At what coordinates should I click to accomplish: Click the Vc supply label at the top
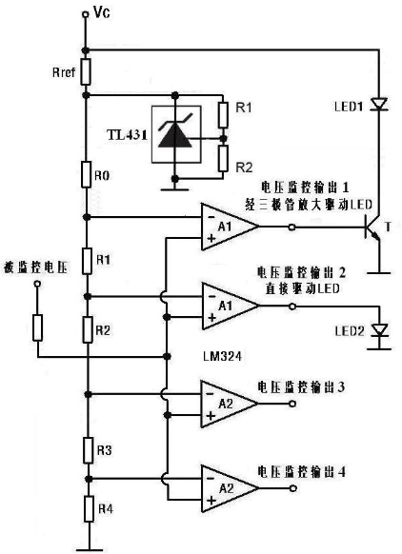102,12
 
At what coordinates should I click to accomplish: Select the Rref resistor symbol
86,71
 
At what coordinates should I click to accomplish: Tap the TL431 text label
127,135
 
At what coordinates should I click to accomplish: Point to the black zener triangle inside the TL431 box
175,134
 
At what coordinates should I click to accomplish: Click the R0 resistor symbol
86,174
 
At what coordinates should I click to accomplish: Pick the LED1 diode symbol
379,105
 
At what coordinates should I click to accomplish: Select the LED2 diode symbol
380,330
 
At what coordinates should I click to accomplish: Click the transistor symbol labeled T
372,227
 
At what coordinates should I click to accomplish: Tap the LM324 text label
222,356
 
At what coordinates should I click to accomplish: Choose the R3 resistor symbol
88,450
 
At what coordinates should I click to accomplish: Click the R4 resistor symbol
89,508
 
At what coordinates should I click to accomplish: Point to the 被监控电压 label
35,267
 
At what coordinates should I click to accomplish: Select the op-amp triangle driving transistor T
230,227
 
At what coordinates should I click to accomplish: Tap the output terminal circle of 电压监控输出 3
292,404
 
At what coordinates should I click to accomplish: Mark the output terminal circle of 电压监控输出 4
292,488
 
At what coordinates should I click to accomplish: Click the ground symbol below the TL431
174,189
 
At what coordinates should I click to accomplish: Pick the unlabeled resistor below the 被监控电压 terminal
37,327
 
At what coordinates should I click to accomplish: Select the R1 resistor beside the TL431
223,115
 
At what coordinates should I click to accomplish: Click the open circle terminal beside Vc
85,14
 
